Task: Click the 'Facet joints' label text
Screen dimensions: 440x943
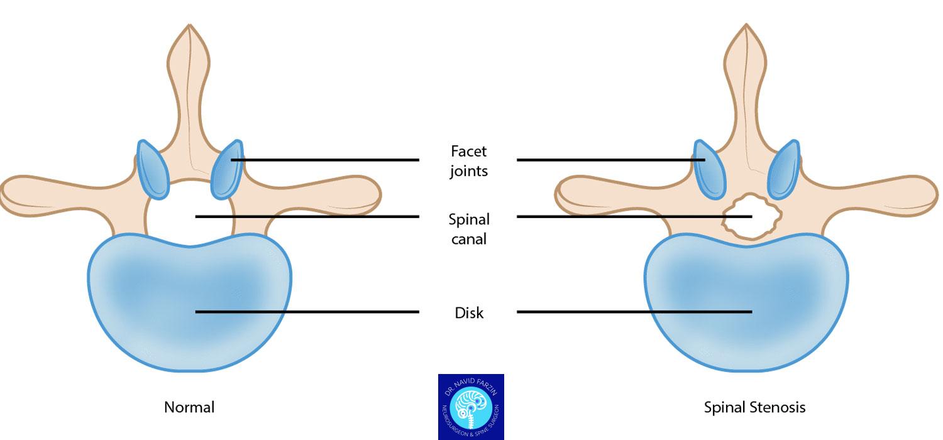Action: [x=468, y=161]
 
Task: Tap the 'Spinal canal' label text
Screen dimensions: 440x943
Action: [x=468, y=229]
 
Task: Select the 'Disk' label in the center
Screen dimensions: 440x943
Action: [x=468, y=312]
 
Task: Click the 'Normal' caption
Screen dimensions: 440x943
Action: [x=189, y=407]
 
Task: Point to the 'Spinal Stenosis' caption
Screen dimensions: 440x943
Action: [x=754, y=407]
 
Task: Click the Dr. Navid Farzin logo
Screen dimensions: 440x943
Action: [x=471, y=406]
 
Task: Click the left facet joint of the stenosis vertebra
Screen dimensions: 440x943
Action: [x=709, y=168]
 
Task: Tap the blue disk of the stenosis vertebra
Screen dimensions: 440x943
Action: [x=748, y=295]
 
